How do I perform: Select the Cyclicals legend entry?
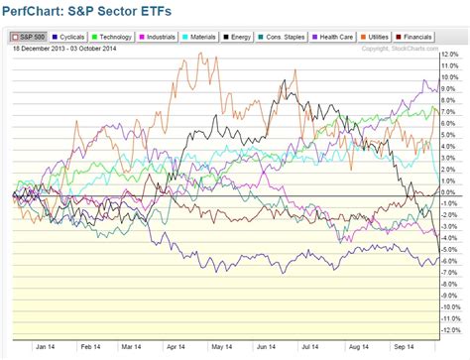click(x=65, y=36)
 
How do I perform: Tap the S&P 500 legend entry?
click(x=22, y=36)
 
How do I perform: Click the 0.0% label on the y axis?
click(x=448, y=192)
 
